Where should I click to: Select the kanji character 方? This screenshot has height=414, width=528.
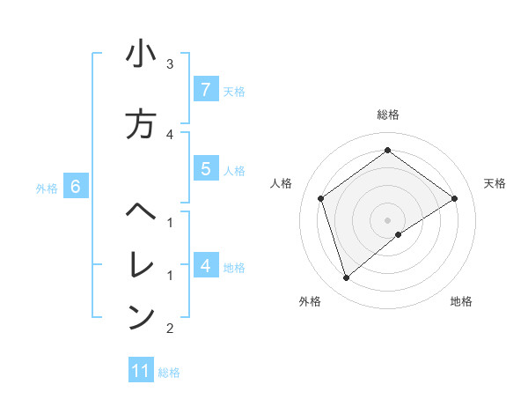coord(141,124)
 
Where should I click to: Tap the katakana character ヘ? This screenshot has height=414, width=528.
coord(141,212)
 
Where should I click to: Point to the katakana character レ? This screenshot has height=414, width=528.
coord(141,263)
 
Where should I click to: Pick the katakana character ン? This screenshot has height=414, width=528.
coord(141,316)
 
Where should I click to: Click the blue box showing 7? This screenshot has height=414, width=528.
coord(205,90)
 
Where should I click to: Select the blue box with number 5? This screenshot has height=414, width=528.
coord(205,170)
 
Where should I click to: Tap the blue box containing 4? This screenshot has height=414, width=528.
coord(205,265)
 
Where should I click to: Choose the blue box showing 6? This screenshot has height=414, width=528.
coord(76,187)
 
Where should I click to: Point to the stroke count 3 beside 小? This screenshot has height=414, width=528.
coord(170,63)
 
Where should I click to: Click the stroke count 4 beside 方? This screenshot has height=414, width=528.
coord(170,134)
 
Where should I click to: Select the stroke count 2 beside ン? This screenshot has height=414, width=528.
coord(170,329)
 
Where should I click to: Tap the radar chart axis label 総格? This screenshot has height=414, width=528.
coord(388,115)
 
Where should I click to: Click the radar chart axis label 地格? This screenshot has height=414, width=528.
coord(461,302)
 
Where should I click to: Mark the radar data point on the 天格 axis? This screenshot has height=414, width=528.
coord(455,198)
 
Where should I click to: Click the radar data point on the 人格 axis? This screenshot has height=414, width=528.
coord(321,198)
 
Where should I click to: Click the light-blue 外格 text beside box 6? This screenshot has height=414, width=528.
coord(47,188)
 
